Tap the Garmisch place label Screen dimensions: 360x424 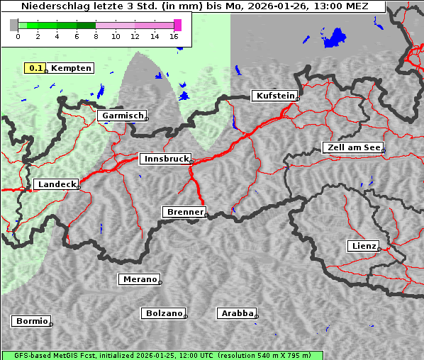pos(123,116)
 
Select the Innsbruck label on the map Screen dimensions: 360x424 pos(164,159)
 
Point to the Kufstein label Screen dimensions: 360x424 pos(274,96)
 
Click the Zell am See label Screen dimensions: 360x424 pos(352,147)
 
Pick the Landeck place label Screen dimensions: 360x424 pos(55,184)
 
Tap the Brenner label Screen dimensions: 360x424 pos(184,212)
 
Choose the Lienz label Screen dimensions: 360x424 pos(362,246)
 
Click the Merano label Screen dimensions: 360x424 pos(139,279)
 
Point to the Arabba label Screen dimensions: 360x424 pos(236,313)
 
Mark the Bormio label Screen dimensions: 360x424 pos(31,321)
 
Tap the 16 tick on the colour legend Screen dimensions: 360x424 pos(174,36)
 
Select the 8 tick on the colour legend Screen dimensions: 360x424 pos(96,36)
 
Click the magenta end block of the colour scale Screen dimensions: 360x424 pos(177,25)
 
